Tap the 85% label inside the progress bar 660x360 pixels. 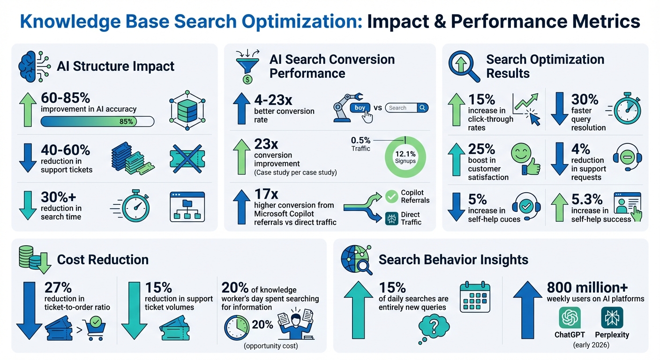click(126, 121)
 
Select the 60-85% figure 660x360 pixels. click(66, 98)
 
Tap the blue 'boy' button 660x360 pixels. click(360, 108)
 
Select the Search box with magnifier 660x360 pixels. click(407, 108)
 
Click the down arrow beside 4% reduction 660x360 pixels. click(559, 160)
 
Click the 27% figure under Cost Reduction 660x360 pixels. click(59, 287)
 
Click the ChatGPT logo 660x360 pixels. click(570, 318)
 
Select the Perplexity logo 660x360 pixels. click(612, 318)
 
